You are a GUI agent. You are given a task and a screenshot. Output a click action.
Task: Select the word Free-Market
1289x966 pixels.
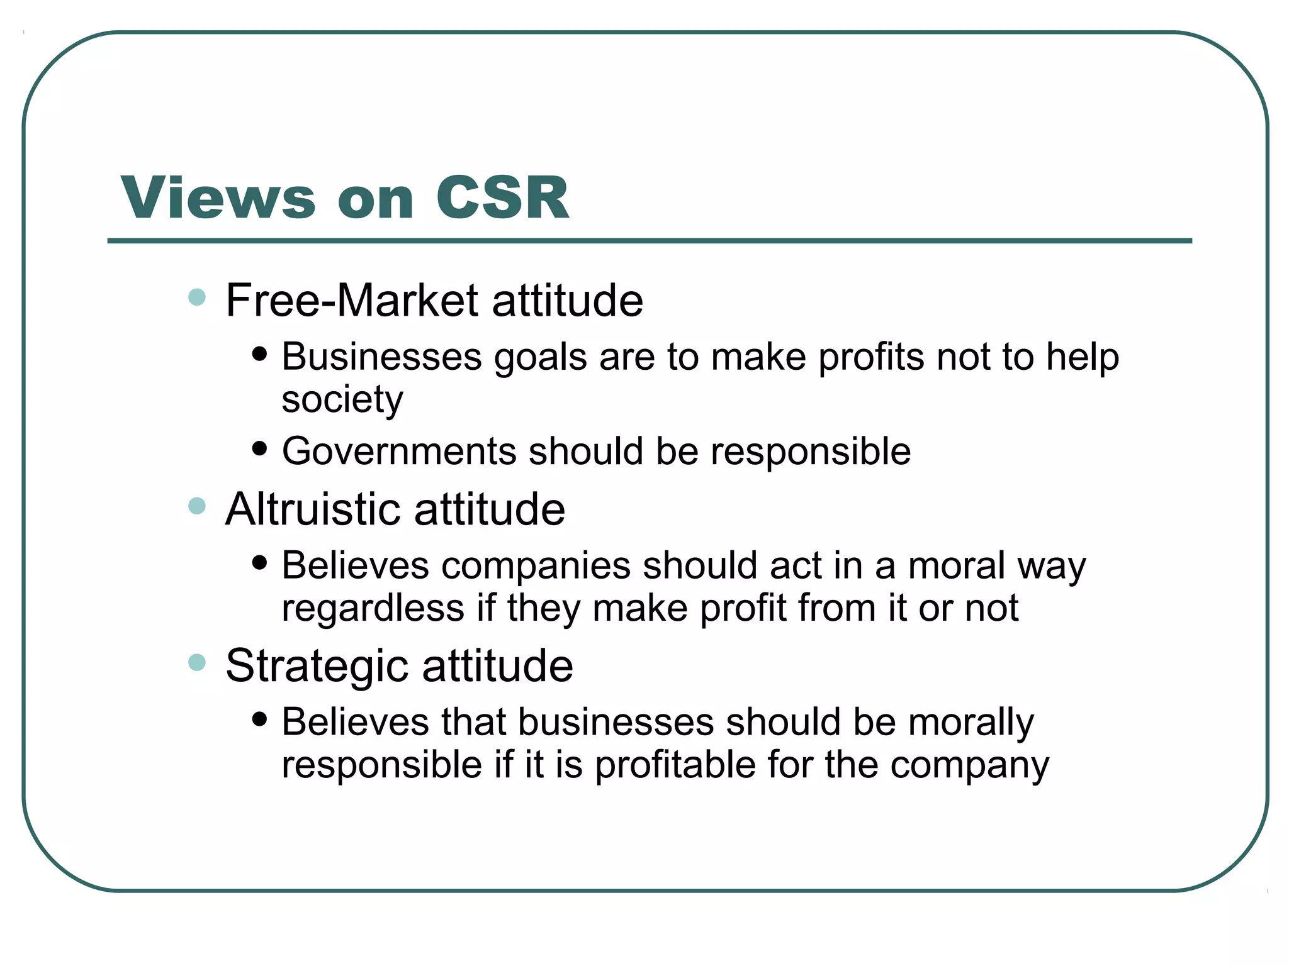[352, 300]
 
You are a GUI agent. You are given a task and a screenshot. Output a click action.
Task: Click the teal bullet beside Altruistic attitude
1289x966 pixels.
[197, 506]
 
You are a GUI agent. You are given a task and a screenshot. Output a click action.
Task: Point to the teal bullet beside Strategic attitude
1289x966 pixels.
[197, 662]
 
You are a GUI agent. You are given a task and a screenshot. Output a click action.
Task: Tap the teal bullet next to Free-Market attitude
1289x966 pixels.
[197, 297]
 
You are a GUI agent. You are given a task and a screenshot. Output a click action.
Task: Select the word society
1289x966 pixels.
[342, 399]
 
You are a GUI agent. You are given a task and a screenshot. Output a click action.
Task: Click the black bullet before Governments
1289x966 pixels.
[259, 448]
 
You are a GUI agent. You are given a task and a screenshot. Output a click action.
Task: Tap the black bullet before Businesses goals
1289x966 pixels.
[259, 354]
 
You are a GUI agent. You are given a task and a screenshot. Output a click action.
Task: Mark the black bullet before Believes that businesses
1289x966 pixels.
[259, 719]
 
